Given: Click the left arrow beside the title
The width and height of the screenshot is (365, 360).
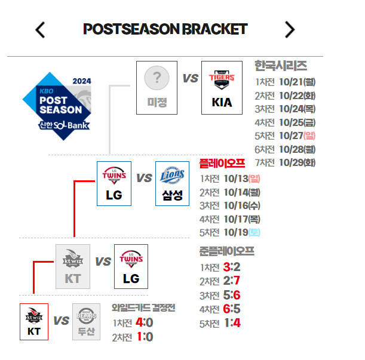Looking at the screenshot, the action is pos(40,29).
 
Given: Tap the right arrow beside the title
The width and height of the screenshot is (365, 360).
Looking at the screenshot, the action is pos(290,29).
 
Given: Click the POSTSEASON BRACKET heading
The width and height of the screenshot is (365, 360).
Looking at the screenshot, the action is pos(165,29).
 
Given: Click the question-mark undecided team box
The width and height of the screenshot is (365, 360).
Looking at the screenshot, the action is pos(157,87).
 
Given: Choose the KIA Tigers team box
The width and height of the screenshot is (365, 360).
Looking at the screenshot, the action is pos(222,87).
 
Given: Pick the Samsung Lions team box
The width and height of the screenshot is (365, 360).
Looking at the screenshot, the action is pos(172,183).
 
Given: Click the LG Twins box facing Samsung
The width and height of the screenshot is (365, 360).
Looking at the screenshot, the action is pos(114,183).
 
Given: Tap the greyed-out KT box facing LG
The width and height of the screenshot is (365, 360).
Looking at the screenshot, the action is pos(73,266).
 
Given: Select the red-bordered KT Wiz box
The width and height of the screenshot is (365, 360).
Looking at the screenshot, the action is pos(34,321).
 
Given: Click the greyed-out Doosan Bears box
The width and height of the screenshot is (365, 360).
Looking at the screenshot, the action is pos(87,321).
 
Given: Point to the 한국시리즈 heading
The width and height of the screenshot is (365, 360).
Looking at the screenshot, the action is pos(280,66).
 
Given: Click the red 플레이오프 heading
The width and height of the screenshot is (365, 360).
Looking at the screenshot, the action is pos(222,163).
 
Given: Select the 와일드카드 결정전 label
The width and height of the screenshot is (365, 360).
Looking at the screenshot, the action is pos(143,308).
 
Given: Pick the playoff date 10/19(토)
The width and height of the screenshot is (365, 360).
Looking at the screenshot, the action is pos(241,232).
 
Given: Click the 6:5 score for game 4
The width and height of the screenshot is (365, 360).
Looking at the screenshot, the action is pos(231,309).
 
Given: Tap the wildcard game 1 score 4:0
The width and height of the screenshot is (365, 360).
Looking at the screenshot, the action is pos(145,322).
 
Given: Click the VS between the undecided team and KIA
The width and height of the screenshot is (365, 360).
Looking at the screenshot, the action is pos(190,78).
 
